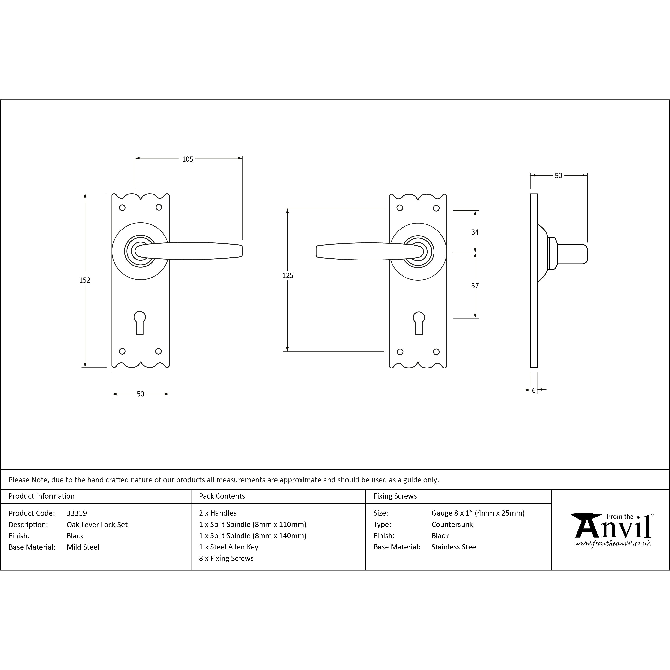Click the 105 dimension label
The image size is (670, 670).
tap(188, 159)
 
